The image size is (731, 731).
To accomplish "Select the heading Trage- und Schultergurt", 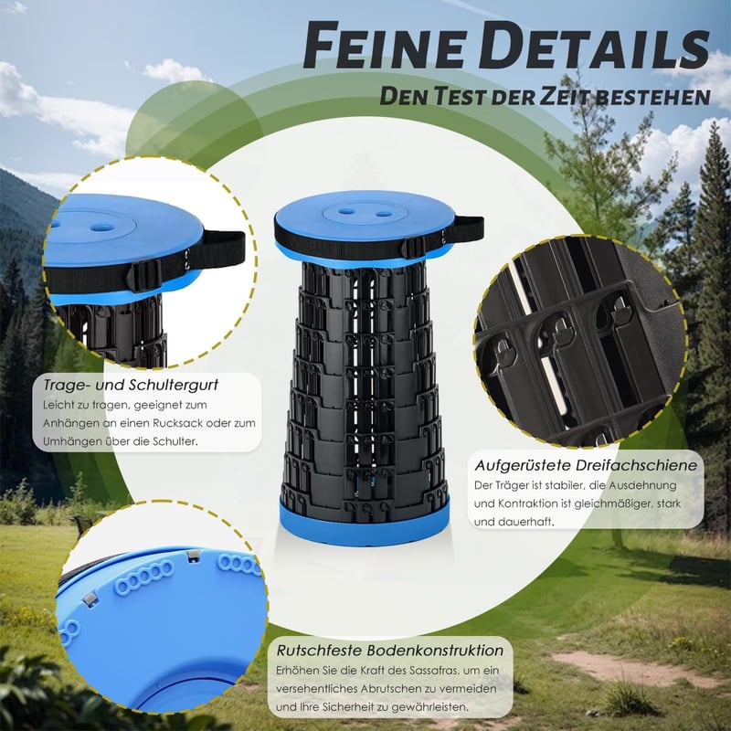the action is click(x=131, y=385).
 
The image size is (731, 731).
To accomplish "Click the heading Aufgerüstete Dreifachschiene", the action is click(x=586, y=465).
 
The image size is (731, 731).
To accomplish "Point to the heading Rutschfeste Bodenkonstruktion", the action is click(x=390, y=651).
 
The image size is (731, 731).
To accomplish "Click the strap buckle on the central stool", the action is click(x=413, y=247).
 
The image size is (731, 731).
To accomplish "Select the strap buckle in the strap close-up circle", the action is click(x=144, y=276).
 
